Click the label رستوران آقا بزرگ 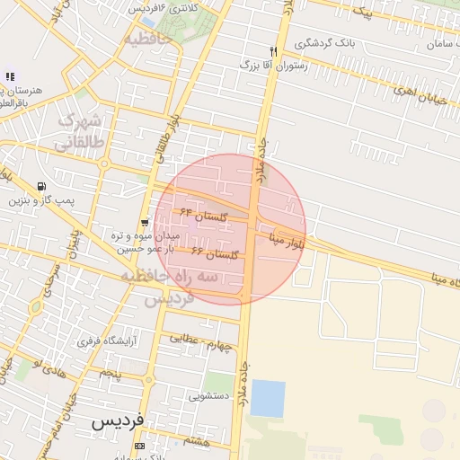click(x=274, y=66)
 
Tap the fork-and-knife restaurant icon click(x=273, y=52)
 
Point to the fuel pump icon click(x=41, y=188)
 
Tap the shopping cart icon click(x=145, y=223)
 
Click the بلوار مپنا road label click(x=287, y=239)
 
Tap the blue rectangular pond click(x=267, y=398)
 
